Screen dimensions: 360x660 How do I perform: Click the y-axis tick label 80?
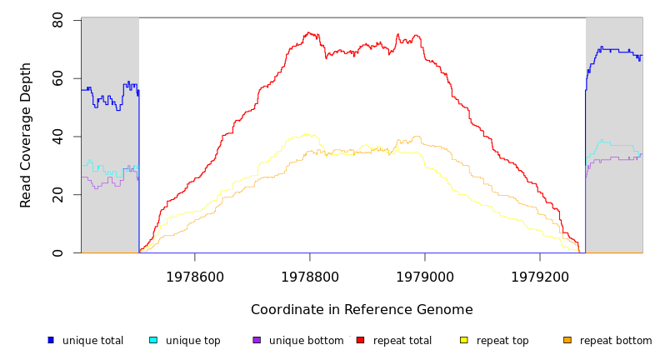click(57, 19)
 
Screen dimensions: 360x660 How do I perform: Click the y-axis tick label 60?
click(57, 77)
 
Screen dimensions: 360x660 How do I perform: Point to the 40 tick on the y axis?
click(57, 136)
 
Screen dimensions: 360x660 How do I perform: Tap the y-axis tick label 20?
click(57, 194)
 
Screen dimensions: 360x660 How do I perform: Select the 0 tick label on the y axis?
click(57, 252)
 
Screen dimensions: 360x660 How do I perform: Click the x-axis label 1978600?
click(194, 277)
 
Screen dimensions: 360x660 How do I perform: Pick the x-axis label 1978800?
click(309, 277)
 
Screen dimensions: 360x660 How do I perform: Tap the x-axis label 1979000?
click(424, 277)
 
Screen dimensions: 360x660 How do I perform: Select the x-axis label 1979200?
click(539, 277)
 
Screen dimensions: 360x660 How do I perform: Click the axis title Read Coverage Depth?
click(26, 135)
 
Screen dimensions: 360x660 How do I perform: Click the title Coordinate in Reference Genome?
click(362, 310)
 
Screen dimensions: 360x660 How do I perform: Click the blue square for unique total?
click(51, 340)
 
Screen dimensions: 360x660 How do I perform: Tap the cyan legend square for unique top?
click(153, 340)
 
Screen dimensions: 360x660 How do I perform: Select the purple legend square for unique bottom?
click(257, 340)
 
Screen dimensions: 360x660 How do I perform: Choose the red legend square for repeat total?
click(360, 340)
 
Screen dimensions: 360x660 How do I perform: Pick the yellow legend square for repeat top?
click(464, 340)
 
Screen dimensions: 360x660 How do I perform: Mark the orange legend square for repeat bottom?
click(567, 340)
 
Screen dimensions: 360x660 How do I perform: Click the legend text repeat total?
click(402, 341)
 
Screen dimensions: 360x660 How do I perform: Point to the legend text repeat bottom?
click(616, 341)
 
